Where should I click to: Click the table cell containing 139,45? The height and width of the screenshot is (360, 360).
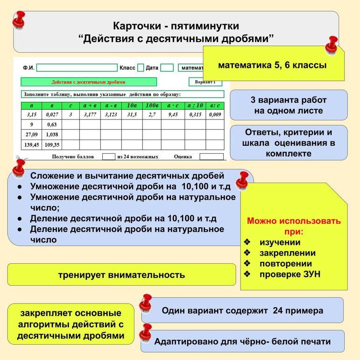(31, 145)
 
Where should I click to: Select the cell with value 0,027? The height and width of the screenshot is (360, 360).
(52, 114)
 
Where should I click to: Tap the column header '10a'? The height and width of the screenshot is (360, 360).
(132, 106)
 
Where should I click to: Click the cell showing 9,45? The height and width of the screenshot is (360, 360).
(173, 114)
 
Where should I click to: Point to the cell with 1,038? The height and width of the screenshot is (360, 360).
(52, 134)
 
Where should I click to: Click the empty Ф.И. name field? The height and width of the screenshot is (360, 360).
(77, 68)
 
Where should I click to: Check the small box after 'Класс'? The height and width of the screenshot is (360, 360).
(141, 68)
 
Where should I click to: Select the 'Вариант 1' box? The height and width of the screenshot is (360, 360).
(205, 82)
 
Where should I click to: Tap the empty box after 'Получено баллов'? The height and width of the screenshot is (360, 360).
(108, 157)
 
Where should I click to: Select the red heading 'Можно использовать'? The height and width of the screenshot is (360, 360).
(294, 221)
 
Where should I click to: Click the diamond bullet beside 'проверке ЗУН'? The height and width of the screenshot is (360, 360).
(247, 275)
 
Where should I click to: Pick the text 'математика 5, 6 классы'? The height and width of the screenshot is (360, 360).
(272, 65)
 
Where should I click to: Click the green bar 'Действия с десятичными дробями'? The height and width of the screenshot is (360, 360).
(88, 82)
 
